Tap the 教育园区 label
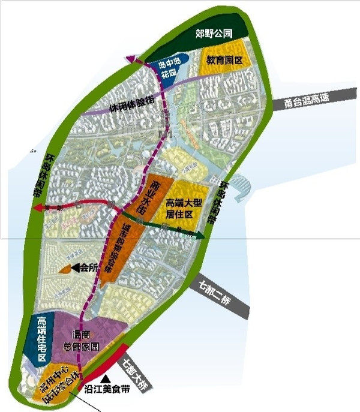point(224,61)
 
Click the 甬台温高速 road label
point(308,100)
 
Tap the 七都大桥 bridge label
point(138,372)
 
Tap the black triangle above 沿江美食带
point(107,378)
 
